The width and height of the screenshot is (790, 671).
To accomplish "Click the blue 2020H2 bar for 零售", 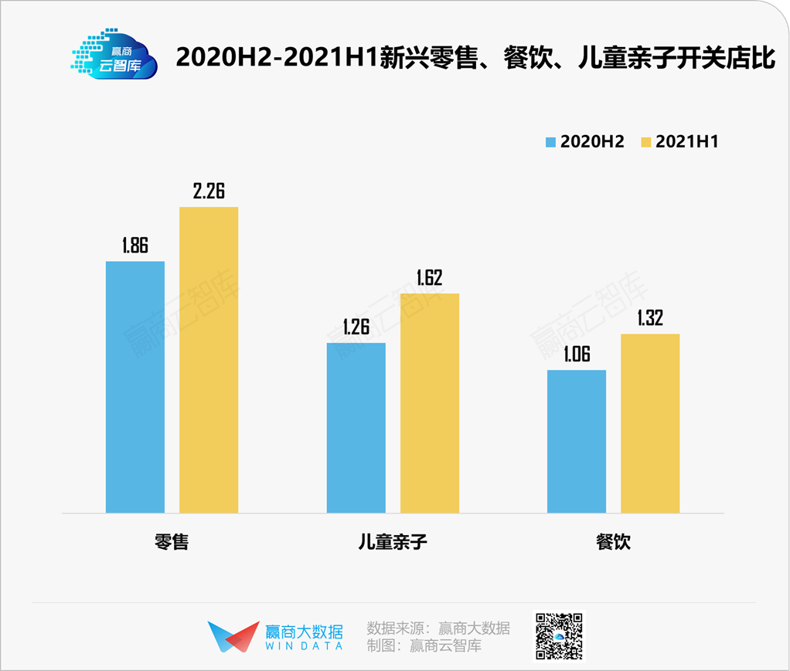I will coord(135,386).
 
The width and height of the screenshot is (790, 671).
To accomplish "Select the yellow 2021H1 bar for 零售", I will coord(209,359).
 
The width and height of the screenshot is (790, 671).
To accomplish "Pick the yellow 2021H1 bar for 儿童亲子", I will coord(429,402).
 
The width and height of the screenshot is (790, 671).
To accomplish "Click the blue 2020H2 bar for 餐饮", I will coord(577,441).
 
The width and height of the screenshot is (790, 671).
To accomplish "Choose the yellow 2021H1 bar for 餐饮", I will coord(650,422).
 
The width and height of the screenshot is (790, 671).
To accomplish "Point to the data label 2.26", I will coord(209,191).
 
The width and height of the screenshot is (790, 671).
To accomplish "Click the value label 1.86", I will coord(135,246).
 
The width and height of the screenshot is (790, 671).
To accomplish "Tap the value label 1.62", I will coord(429,277).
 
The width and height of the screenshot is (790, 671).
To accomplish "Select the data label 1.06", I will coord(577,354).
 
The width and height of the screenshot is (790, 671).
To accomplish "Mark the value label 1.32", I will coord(650,318).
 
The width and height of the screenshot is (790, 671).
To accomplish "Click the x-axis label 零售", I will coord(172,541).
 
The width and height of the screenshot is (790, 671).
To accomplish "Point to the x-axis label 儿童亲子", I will coord(393,541).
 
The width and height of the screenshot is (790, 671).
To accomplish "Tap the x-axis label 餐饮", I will coord(613,541).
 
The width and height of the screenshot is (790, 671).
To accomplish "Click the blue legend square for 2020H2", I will coord(551,142).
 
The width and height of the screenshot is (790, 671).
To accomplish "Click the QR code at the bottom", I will coord(559,636).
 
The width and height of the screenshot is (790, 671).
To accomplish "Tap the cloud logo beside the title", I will coord(114,56).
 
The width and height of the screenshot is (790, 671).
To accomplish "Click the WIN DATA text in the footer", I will coord(304,646).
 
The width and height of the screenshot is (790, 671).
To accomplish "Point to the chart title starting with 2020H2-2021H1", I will coord(475,57).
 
